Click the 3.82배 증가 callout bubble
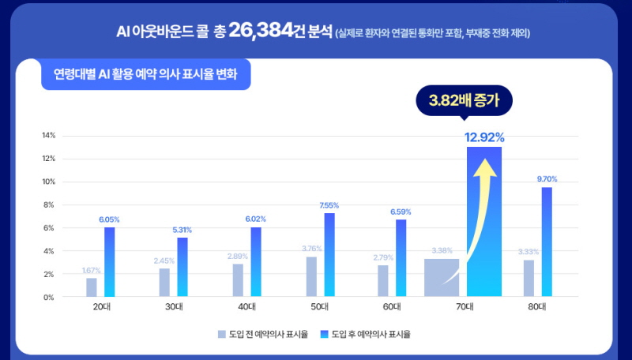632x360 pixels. coord(465,101)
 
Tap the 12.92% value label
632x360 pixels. coord(484,137)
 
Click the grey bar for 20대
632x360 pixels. coord(92,287)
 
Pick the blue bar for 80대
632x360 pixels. coord(547,242)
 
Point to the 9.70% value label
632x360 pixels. coord(547,179)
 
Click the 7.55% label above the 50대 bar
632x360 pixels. coord(329,205)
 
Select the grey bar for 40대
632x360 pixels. coord(238,280)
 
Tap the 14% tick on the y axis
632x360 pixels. coord(49,136)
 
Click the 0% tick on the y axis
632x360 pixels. coord(50,298)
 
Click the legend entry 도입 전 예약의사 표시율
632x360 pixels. coord(262,333)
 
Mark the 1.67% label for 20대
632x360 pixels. coord(92,270)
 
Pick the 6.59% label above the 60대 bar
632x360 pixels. coord(401,212)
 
